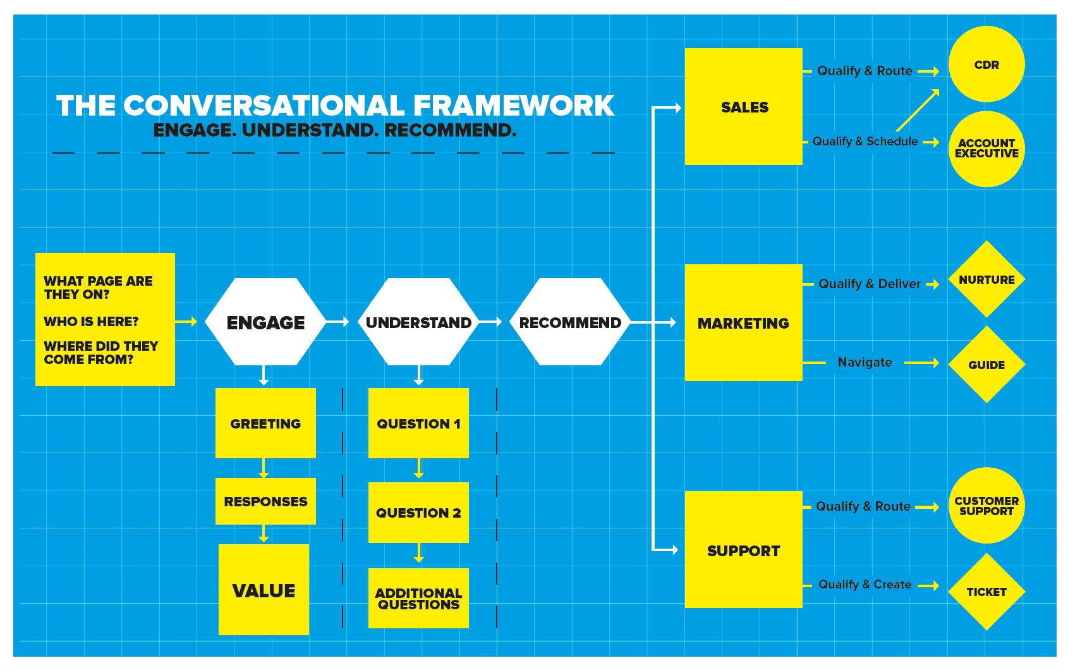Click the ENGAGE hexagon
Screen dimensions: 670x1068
pos(265,322)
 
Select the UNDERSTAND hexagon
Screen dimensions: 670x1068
pos(418,322)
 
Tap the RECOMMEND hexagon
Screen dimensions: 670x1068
pos(570,322)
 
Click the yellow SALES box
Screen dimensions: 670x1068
pos(744,107)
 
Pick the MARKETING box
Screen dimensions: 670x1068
pos(743,323)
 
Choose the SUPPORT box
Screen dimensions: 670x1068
pos(743,550)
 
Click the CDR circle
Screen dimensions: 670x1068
pos(986,64)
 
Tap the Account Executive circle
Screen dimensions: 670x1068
pos(986,149)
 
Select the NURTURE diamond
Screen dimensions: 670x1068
pos(986,279)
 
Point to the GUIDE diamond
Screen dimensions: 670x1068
pos(986,365)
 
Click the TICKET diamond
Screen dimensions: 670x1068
pos(986,592)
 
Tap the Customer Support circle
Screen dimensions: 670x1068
pos(986,506)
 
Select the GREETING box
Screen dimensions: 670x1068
pos(265,423)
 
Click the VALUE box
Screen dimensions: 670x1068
pos(264,590)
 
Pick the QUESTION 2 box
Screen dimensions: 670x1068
pos(418,513)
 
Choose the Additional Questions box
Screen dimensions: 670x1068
pos(418,599)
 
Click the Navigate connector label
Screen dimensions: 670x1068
pos(865,362)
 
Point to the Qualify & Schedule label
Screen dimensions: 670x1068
pos(865,142)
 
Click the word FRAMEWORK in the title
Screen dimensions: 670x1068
pos(514,106)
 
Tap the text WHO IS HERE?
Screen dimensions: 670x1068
pos(91,322)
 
